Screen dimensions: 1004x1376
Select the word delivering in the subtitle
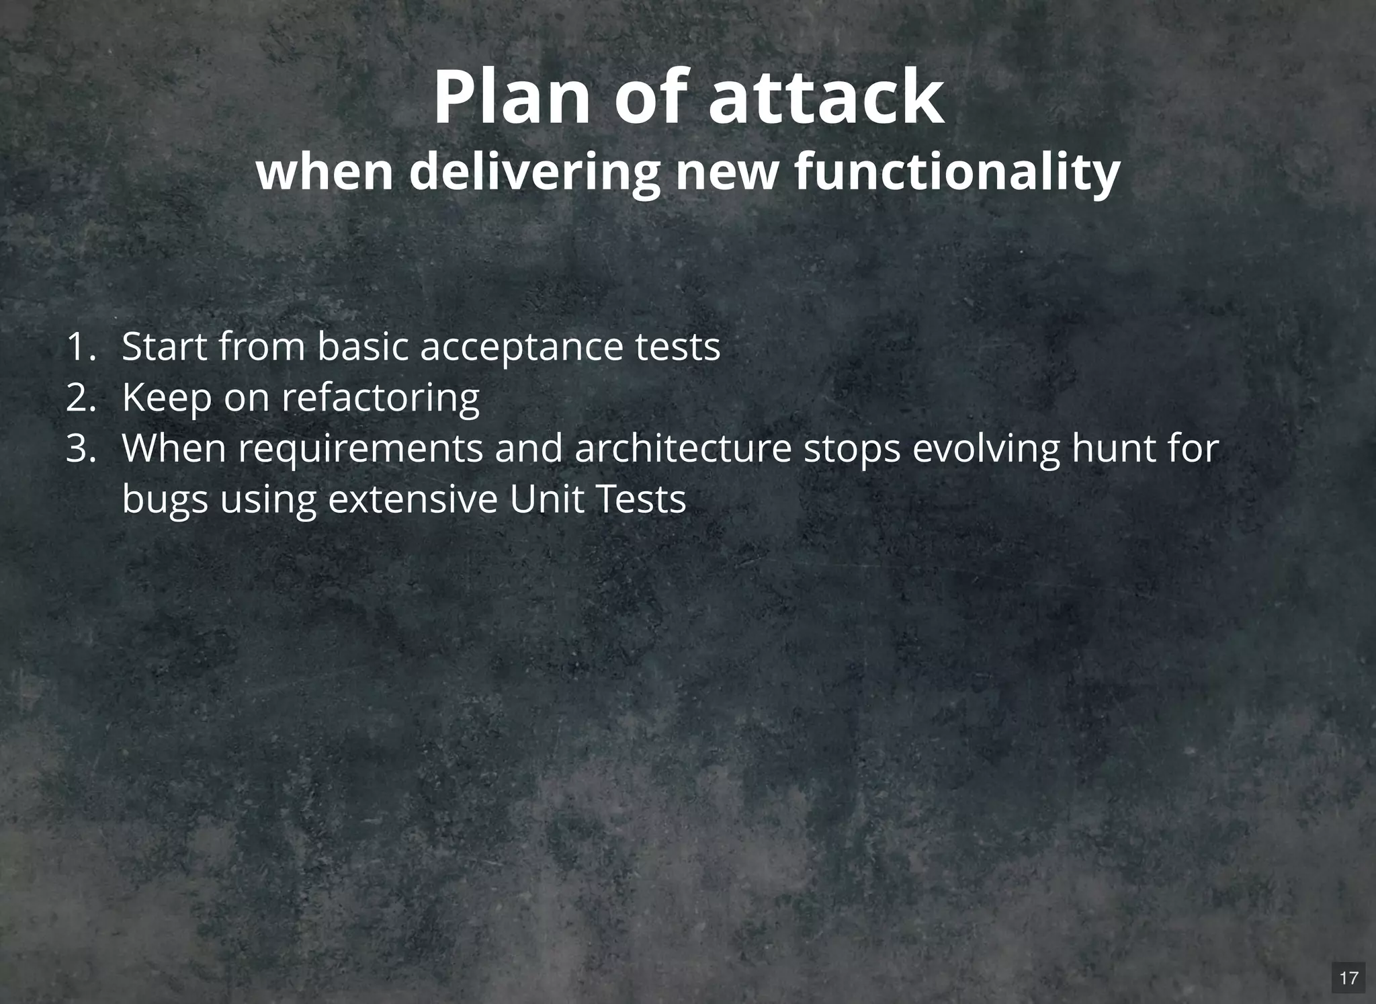534,172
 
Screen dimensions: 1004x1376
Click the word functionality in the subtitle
957,172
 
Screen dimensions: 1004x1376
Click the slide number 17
1348,978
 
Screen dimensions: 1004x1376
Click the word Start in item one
165,347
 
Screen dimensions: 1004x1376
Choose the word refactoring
380,399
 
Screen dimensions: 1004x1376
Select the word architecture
683,448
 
